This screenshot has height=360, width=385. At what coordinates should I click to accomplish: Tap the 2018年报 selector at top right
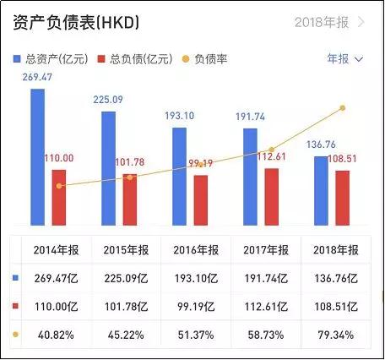[x=330, y=23]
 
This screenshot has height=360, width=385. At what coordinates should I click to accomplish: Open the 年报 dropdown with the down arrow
[x=344, y=59]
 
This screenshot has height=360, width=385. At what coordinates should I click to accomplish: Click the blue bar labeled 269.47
[x=37, y=157]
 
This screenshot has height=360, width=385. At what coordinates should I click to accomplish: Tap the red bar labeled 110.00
[x=58, y=198]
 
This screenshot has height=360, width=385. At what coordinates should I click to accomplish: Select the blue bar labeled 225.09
[x=108, y=168]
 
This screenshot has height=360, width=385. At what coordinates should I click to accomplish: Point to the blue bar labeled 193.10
[x=179, y=177]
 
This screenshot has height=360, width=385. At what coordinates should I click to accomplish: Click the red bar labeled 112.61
[x=271, y=197]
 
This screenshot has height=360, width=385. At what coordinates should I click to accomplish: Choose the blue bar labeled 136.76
[x=321, y=191]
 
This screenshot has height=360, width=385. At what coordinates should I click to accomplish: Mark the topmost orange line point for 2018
[x=343, y=108]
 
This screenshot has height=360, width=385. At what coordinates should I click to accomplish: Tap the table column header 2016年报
[x=195, y=250]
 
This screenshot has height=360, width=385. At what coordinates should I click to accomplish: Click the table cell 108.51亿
[x=335, y=306]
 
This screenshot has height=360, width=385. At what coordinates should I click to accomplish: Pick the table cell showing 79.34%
[x=335, y=335]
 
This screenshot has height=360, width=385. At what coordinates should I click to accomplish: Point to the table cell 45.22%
[x=127, y=335]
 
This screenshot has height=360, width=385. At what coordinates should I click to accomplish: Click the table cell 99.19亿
[x=195, y=306]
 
